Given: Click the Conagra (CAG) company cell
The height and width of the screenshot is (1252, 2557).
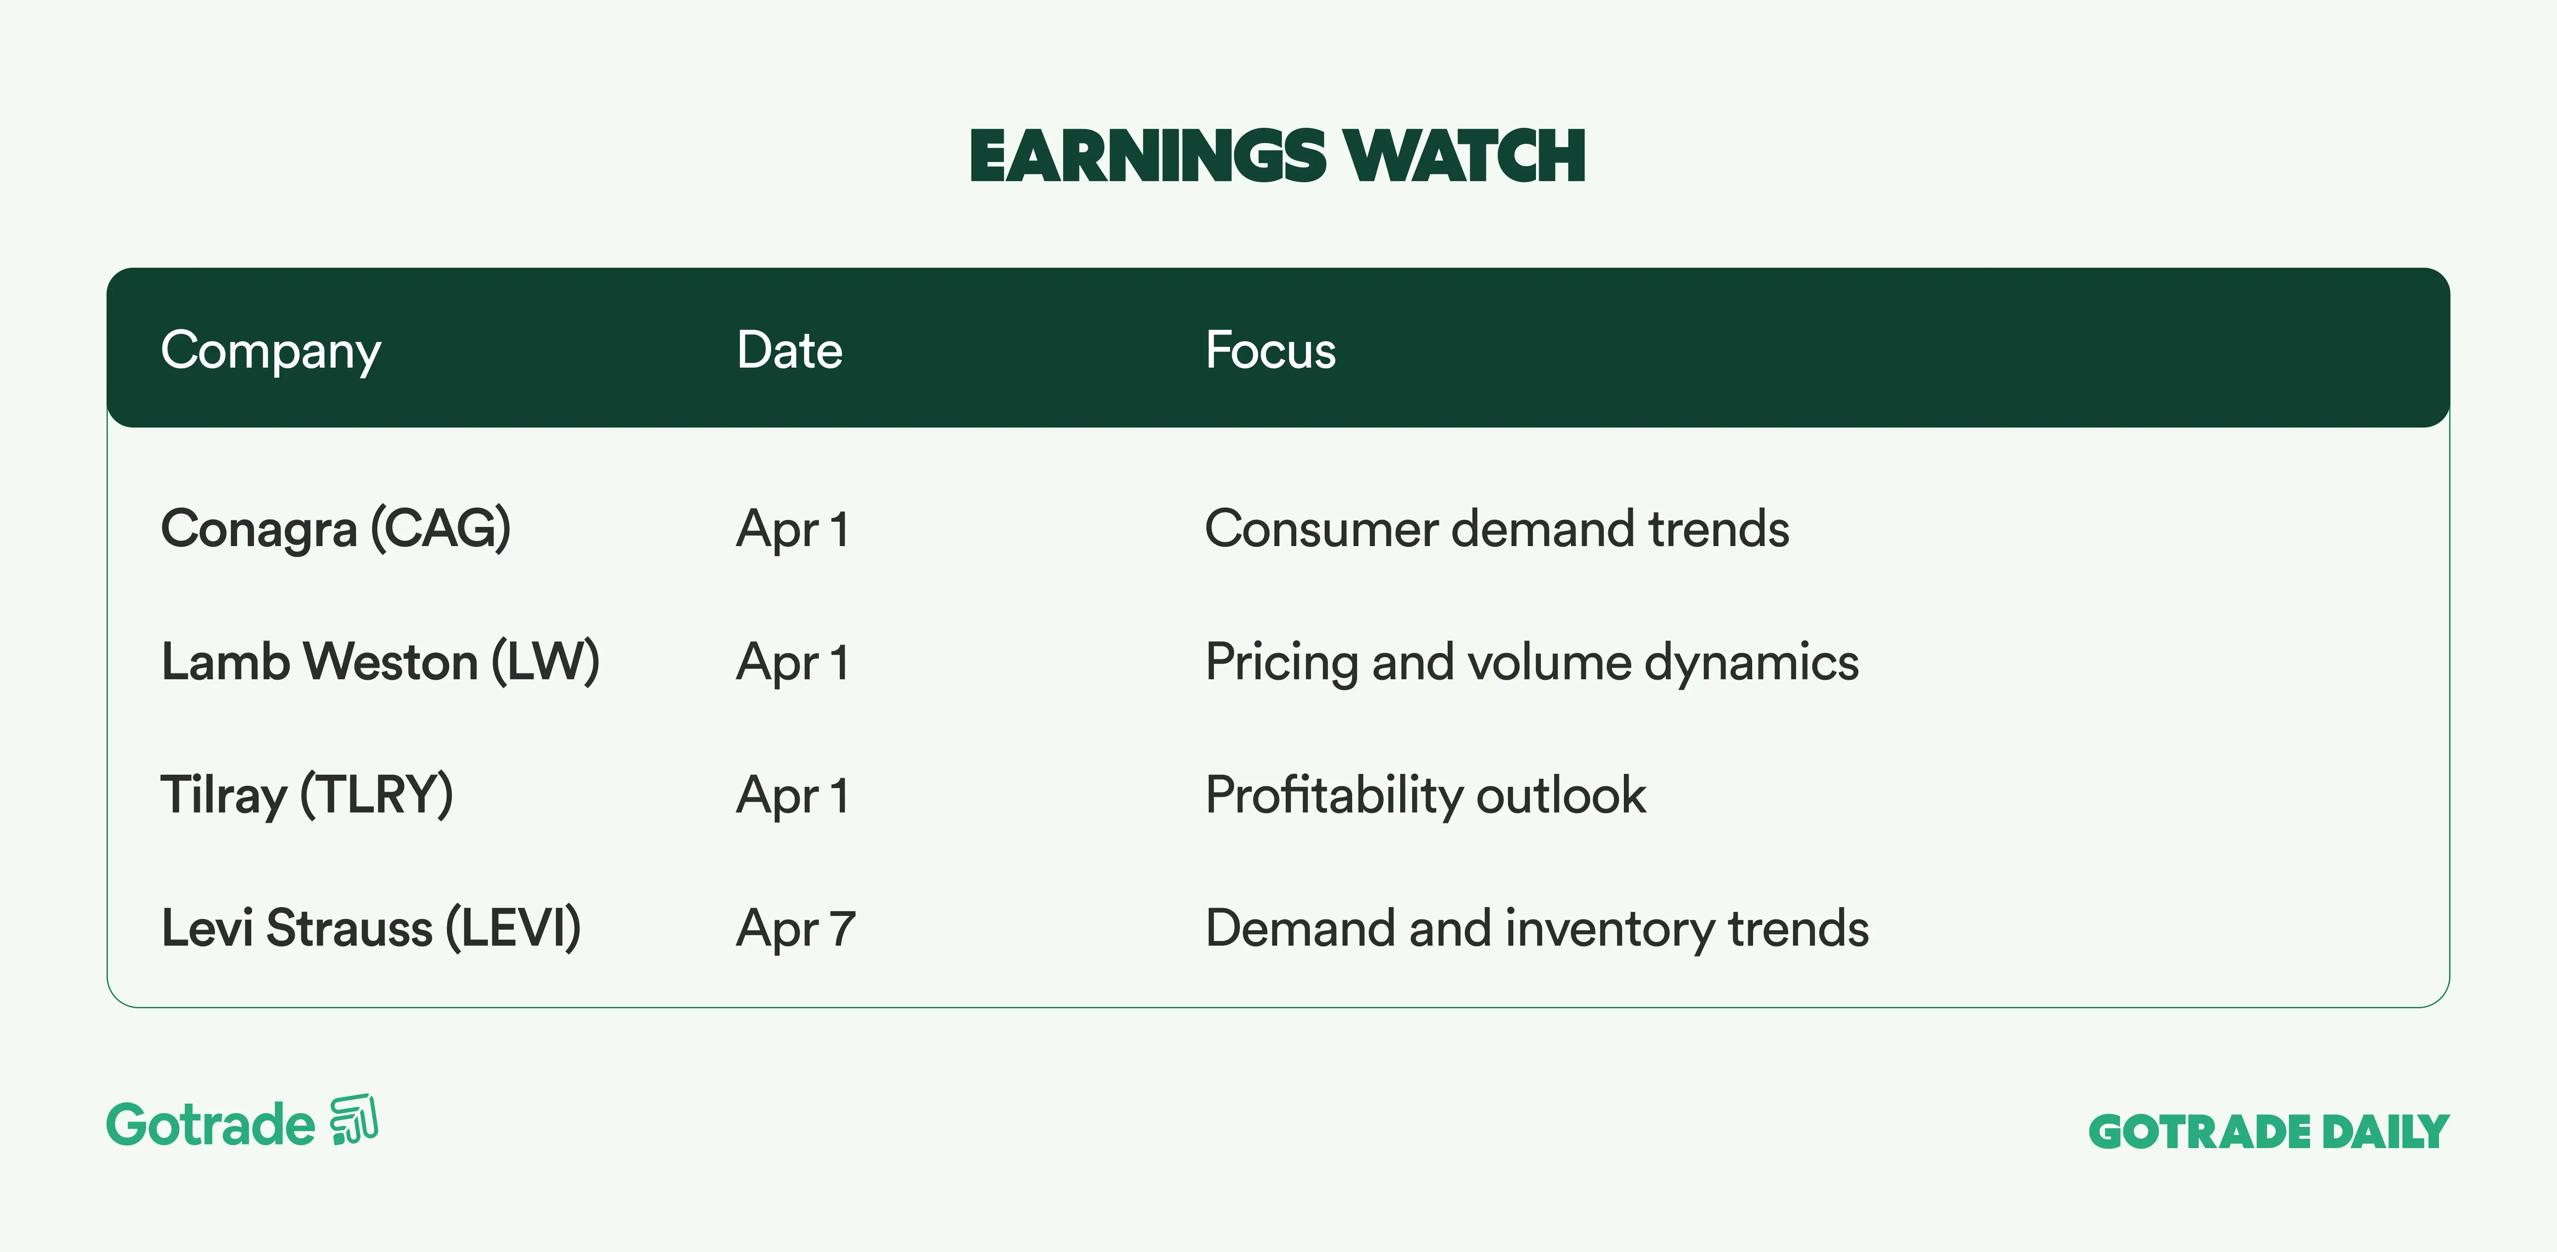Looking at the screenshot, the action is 336,528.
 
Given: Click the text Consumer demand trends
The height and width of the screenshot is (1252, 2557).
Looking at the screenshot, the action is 1497,528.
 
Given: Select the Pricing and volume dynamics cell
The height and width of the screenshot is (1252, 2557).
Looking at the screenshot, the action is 1532,662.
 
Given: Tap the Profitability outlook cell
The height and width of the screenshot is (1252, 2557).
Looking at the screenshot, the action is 1425,795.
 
